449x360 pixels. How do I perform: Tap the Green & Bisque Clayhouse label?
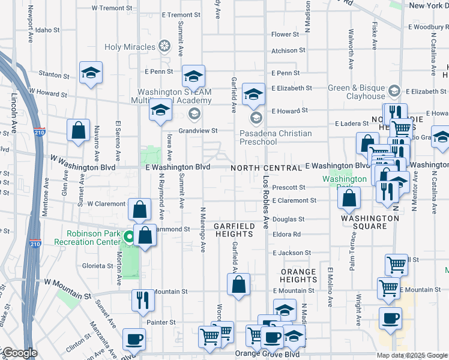[x=357, y=92]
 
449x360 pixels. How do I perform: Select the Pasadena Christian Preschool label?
[x=276, y=137]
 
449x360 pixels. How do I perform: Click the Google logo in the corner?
[x=19, y=353]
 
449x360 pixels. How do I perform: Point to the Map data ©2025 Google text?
[x=411, y=355]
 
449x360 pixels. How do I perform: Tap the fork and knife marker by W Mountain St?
[x=142, y=299]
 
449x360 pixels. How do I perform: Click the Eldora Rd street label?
[x=288, y=235]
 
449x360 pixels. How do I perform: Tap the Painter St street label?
[x=163, y=322]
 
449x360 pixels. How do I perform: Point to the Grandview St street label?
[x=197, y=130]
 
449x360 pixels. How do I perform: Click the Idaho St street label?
[x=47, y=29]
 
